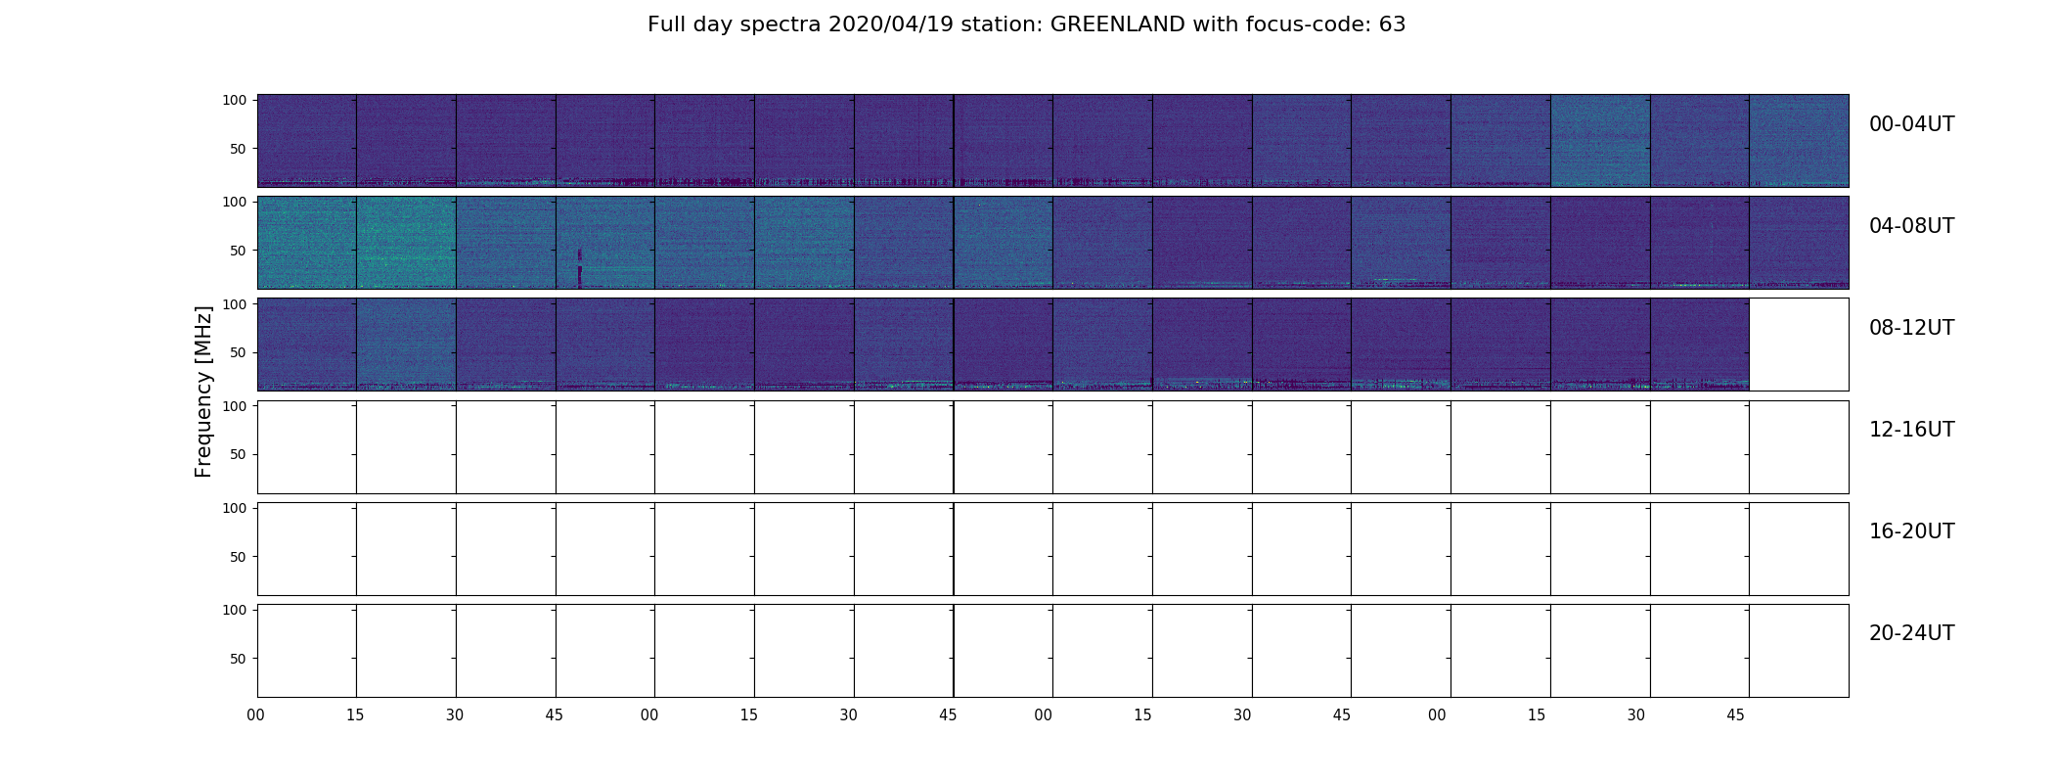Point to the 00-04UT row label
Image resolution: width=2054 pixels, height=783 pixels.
1911,124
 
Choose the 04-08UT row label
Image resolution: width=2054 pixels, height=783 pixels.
1911,226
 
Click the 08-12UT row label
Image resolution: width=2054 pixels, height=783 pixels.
1911,328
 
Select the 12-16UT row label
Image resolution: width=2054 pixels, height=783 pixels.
1911,430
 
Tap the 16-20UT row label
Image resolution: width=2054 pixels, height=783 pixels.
1911,531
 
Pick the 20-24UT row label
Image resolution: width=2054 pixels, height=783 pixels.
1911,633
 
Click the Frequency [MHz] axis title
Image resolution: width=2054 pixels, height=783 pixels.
203,391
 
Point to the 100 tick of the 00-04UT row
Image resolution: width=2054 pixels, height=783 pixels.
235,100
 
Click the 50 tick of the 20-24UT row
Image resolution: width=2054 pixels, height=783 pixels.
239,659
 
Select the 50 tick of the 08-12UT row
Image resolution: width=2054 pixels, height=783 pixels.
239,352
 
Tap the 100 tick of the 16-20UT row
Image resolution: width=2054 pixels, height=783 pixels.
235,508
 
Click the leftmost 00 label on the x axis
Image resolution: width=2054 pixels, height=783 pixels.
256,715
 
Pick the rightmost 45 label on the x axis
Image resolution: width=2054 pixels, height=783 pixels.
1735,715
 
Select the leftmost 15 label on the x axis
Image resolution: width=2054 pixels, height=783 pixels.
355,715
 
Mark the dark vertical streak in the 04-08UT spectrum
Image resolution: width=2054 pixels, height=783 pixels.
580,268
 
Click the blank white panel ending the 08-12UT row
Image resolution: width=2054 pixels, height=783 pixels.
1799,345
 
